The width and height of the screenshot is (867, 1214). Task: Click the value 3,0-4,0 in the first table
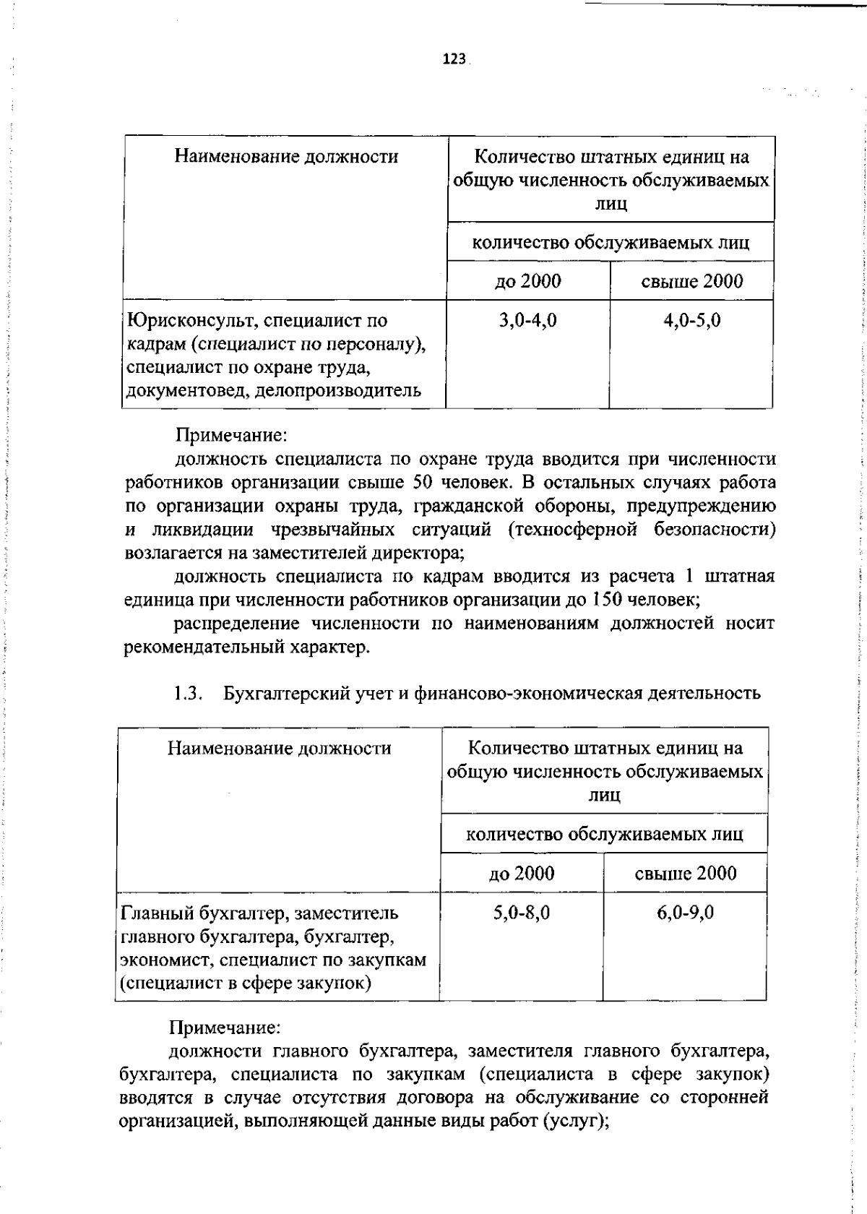(527, 320)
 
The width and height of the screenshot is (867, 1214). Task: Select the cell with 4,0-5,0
(691, 320)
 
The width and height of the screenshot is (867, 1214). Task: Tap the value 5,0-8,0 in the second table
(522, 912)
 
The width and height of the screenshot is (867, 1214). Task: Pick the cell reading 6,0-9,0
(685, 912)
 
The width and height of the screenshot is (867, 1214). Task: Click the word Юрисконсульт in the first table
(186, 320)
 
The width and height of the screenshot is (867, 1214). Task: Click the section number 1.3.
(186, 693)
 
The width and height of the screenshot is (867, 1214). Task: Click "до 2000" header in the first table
(527, 281)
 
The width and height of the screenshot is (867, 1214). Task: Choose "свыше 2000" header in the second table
(685, 873)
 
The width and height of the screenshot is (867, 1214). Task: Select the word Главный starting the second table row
(155, 912)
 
